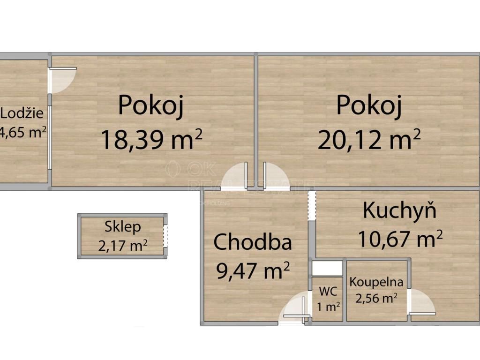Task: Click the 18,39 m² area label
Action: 151,140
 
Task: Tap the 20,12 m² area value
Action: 369,140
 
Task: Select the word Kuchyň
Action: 399,210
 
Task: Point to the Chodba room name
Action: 253,242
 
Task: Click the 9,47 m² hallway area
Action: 253,270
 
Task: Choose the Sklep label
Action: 123,227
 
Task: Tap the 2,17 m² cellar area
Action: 123,246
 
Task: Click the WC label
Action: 328,291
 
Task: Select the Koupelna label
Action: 376,282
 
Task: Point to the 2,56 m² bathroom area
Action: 376,298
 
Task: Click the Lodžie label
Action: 22,113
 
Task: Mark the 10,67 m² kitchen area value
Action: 400,239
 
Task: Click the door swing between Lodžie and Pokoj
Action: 63,80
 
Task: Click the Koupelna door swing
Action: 422,302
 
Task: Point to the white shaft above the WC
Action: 327,268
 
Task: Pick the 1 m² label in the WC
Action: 329,307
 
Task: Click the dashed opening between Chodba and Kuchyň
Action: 312,205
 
